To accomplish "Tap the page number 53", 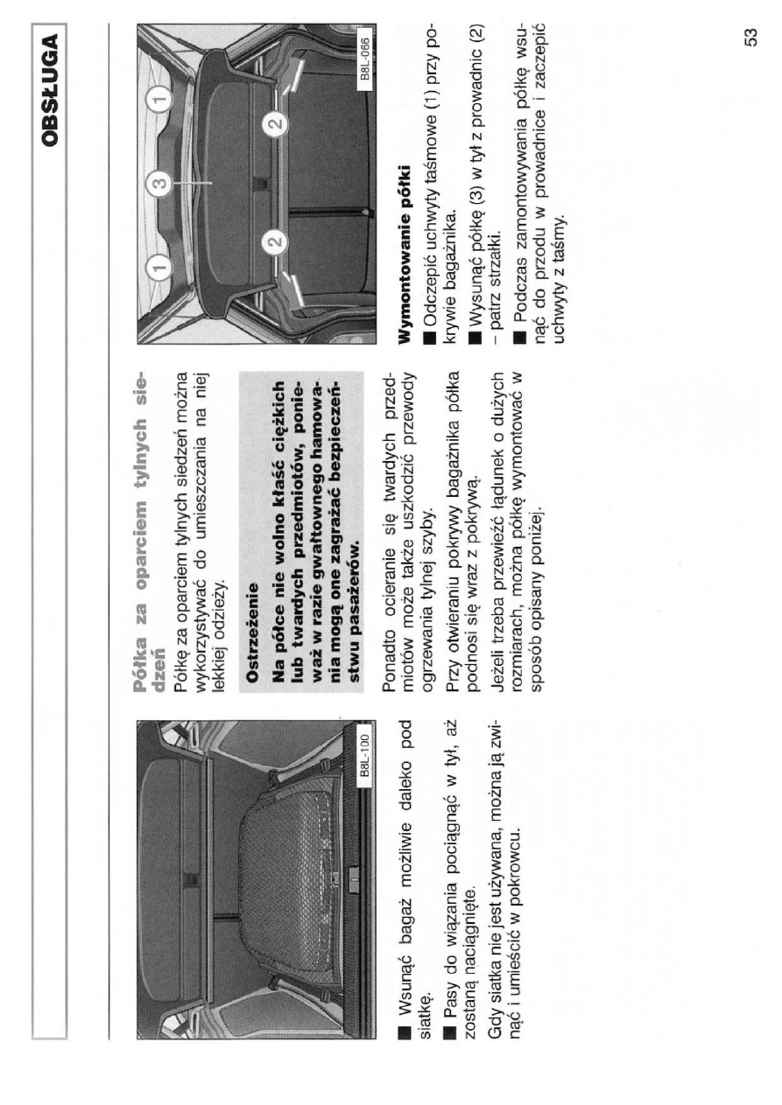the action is click(x=750, y=37).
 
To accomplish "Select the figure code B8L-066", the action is click(x=364, y=59).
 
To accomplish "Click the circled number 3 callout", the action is click(x=161, y=183).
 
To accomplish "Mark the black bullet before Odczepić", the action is click(x=429, y=338).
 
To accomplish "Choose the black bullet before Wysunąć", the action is click(x=476, y=338).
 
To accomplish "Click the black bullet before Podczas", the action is click(x=520, y=338).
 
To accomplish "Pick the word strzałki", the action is click(x=494, y=257).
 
